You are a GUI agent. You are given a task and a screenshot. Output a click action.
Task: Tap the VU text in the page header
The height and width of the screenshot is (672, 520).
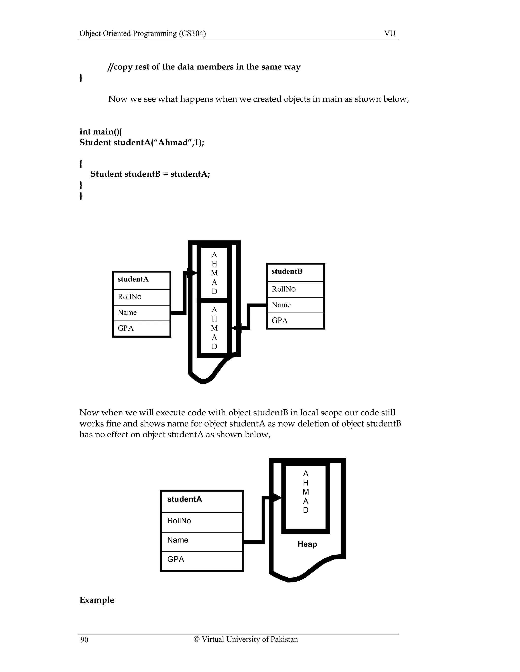[390, 33]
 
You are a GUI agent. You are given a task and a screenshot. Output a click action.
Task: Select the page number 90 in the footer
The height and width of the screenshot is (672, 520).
[84, 640]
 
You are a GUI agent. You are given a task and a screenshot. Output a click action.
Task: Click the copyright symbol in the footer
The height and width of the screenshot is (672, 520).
[196, 639]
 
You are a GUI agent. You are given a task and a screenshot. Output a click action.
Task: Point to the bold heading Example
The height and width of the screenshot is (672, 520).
[97, 600]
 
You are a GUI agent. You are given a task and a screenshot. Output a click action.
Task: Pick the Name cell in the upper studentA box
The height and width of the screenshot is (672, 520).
[141, 313]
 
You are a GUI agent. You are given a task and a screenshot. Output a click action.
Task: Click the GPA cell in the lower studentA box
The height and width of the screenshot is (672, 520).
[202, 559]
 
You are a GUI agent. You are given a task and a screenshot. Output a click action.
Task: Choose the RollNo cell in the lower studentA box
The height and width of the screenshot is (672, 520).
[202, 521]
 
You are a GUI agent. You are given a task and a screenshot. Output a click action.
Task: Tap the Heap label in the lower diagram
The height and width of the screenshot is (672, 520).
[307, 544]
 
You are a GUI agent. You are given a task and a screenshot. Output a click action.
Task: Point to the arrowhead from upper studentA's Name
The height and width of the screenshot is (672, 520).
[192, 273]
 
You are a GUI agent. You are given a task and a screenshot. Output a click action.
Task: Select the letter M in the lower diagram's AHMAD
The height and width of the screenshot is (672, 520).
[306, 492]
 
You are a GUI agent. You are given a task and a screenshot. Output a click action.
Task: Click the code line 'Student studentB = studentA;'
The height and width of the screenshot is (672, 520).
[150, 174]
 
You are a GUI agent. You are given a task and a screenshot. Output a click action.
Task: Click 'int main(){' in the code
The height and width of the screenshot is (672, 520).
[101, 132]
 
